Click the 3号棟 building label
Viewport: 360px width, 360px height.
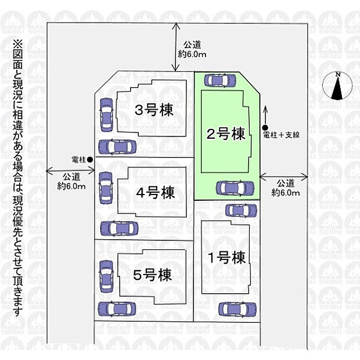coord(153,110)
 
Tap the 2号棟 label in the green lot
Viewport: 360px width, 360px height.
coord(225,134)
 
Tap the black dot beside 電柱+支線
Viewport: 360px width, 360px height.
coord(265,128)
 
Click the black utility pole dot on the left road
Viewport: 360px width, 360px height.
coord(90,159)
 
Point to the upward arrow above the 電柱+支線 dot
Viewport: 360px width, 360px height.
coord(265,113)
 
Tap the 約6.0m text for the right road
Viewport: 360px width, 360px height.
coord(286,192)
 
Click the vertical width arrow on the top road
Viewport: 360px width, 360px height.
coord(178,47)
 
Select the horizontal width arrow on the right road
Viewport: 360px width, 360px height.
coord(284,174)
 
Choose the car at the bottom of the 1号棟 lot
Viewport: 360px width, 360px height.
coord(237,309)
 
